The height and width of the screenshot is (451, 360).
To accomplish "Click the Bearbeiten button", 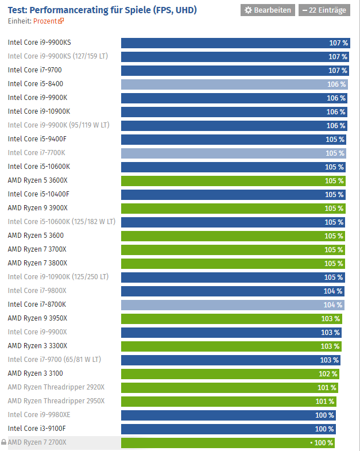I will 267,10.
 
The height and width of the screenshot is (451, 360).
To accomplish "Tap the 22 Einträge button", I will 324,10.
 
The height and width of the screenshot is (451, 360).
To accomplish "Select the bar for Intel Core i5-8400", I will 234,84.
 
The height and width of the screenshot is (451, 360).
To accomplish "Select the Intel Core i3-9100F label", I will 37,429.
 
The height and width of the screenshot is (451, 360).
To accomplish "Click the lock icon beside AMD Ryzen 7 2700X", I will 4,442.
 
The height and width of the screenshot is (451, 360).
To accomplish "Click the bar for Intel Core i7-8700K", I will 233,305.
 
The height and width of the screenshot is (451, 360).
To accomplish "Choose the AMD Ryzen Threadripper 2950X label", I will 56,401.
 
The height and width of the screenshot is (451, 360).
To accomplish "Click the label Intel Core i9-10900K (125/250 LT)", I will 58,277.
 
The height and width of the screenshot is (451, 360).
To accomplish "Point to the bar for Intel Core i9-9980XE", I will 228,415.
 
